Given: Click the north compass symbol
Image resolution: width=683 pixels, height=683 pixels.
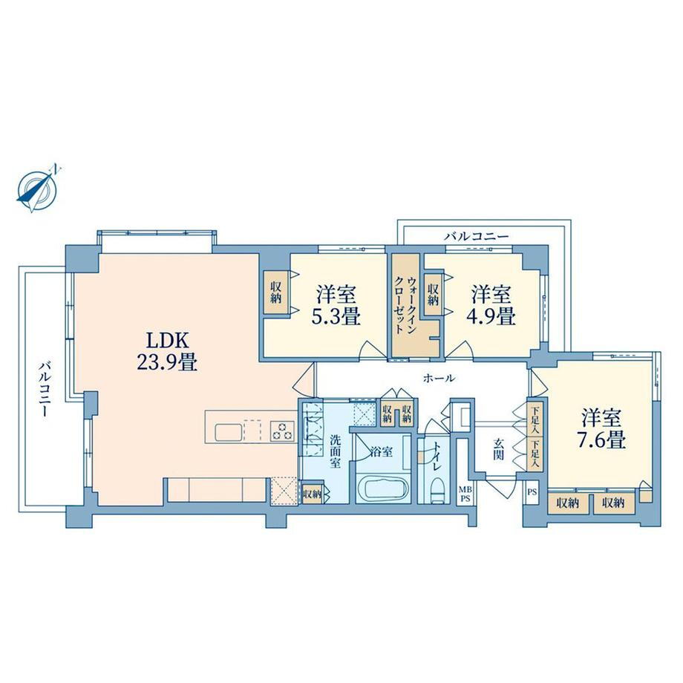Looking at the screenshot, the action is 39,189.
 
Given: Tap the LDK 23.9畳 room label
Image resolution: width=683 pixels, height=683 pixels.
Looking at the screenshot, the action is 167,351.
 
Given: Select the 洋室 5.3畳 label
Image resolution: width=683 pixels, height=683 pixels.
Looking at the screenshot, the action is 336,305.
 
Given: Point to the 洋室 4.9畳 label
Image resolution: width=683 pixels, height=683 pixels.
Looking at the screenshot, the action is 491,305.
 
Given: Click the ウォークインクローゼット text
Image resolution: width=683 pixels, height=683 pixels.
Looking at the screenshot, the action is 405,304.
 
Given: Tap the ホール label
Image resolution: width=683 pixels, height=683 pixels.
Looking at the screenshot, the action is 439,378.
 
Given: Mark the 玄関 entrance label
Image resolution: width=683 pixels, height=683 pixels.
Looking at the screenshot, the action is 498,449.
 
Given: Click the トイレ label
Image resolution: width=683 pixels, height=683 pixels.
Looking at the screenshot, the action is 437,457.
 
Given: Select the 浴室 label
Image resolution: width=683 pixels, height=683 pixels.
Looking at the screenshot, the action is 382,452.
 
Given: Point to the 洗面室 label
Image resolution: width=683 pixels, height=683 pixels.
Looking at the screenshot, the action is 335,451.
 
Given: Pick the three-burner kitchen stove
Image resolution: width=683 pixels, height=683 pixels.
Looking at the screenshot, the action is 282,431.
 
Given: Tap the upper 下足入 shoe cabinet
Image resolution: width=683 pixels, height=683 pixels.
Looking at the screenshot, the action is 535,419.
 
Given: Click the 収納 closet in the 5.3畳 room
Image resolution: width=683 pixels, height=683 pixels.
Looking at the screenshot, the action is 275,293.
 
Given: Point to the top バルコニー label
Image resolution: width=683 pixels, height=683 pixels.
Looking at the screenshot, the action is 476,237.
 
